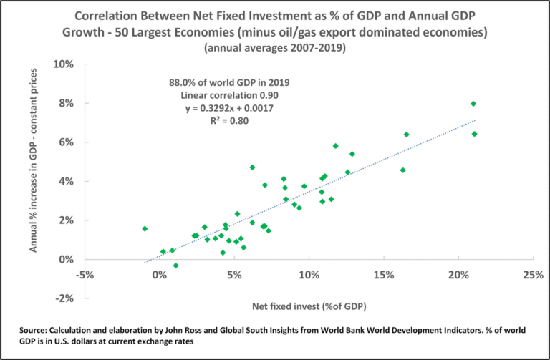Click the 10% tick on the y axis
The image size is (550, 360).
point(64,64)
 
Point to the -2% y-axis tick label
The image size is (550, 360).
point(66,298)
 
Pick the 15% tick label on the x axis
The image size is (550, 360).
point(383,276)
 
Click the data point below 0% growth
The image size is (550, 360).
point(175,266)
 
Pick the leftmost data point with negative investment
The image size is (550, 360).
point(145,229)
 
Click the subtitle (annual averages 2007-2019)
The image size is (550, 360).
point(275,48)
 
